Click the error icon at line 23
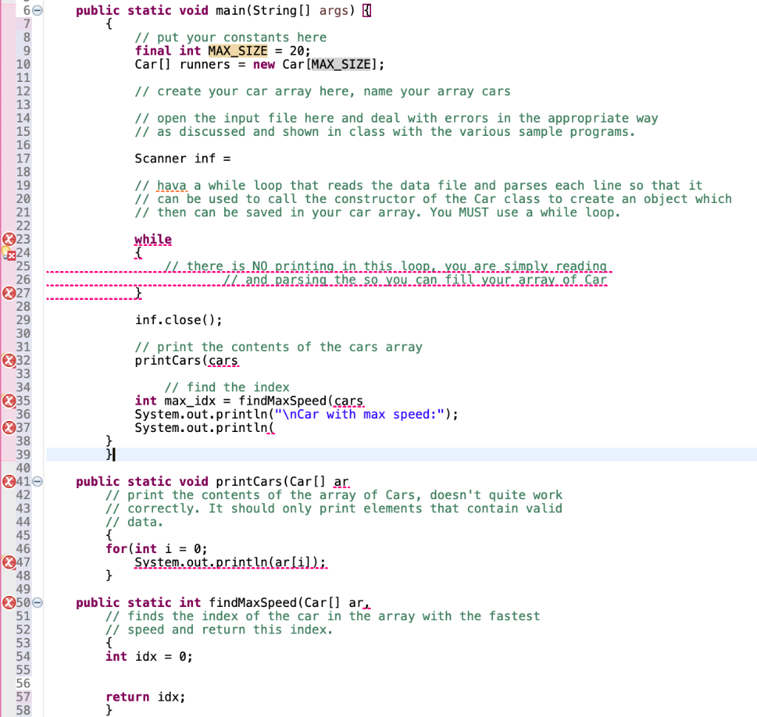tap(9, 239)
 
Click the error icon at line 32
tap(9, 361)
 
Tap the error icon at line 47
tap(9, 563)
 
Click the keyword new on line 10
tap(264, 65)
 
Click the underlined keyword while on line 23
tap(153, 239)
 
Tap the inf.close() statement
tap(178, 320)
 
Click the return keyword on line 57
tap(128, 697)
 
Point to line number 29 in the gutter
tap(23, 320)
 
